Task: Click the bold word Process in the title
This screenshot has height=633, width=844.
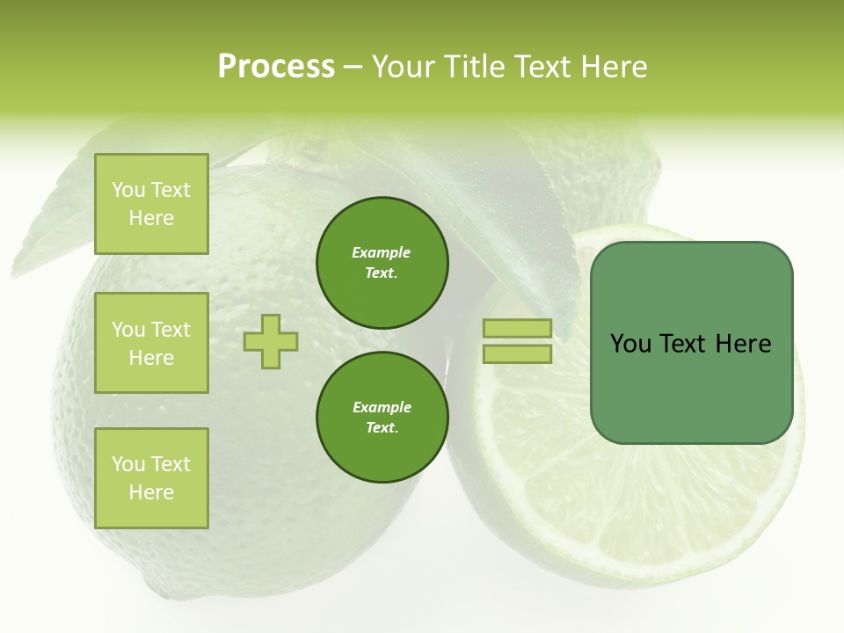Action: [276, 66]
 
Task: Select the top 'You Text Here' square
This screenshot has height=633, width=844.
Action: [151, 204]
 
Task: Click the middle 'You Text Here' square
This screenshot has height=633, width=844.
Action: [151, 343]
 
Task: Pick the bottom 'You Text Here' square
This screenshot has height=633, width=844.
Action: [151, 478]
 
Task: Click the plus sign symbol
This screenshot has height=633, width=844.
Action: [271, 341]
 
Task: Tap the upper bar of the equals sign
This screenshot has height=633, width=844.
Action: [517, 329]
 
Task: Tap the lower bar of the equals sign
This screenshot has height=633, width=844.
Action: [517, 354]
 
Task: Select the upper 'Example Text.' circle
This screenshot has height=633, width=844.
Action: [382, 263]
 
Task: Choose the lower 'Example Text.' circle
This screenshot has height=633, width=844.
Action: [382, 418]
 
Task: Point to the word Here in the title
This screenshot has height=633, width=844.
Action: [611, 66]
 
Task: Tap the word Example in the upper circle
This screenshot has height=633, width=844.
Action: [382, 252]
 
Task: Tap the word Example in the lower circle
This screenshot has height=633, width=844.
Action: [382, 407]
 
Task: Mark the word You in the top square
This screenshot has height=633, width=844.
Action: [128, 190]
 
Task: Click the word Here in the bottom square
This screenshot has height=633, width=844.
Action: [151, 492]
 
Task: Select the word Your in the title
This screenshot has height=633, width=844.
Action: [402, 66]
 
